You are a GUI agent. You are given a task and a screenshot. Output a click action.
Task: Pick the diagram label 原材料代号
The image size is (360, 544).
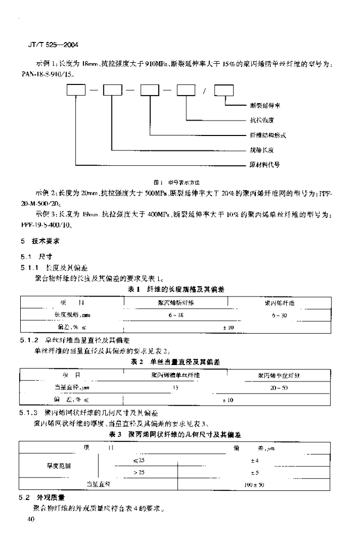pyautogui.click(x=264, y=164)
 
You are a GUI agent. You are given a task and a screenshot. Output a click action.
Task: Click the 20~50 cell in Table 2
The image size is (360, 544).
pyautogui.click(x=279, y=388)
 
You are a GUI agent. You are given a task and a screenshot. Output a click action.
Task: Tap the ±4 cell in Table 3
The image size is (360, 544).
pyautogui.click(x=253, y=460)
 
